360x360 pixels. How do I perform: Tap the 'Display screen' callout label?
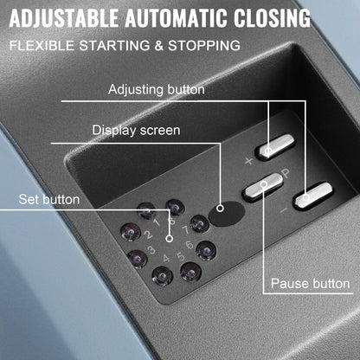137,131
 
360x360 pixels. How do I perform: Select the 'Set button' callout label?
51,200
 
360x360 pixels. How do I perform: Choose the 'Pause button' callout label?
310,283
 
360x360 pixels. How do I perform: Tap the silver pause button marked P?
262,184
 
